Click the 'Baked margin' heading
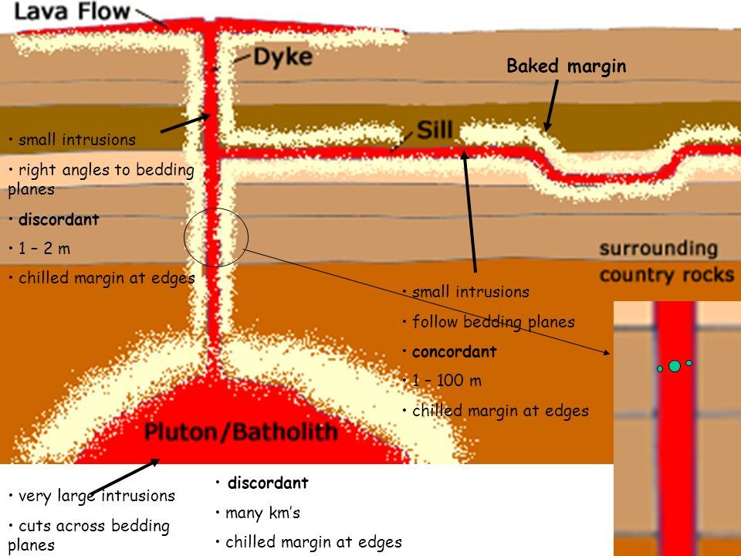click(566, 66)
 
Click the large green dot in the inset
click(675, 366)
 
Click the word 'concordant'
click(444, 351)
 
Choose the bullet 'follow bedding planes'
click(493, 322)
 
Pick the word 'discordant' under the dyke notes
click(59, 219)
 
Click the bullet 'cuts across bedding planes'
click(88, 534)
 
